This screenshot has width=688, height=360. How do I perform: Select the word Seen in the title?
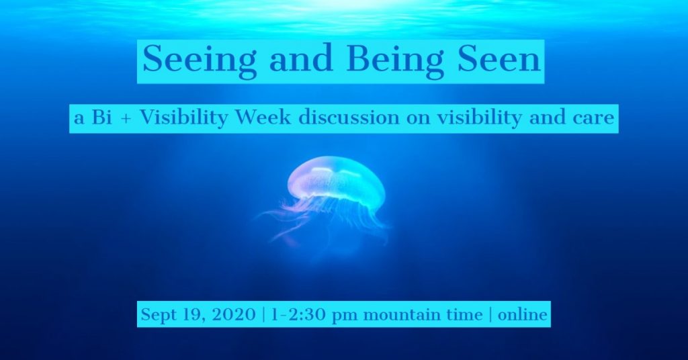499,59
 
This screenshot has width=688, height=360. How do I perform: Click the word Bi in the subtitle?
102,118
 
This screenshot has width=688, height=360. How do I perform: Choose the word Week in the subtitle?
263,118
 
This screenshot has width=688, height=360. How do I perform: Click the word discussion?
349,118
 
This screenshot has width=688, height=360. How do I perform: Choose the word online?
523,314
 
